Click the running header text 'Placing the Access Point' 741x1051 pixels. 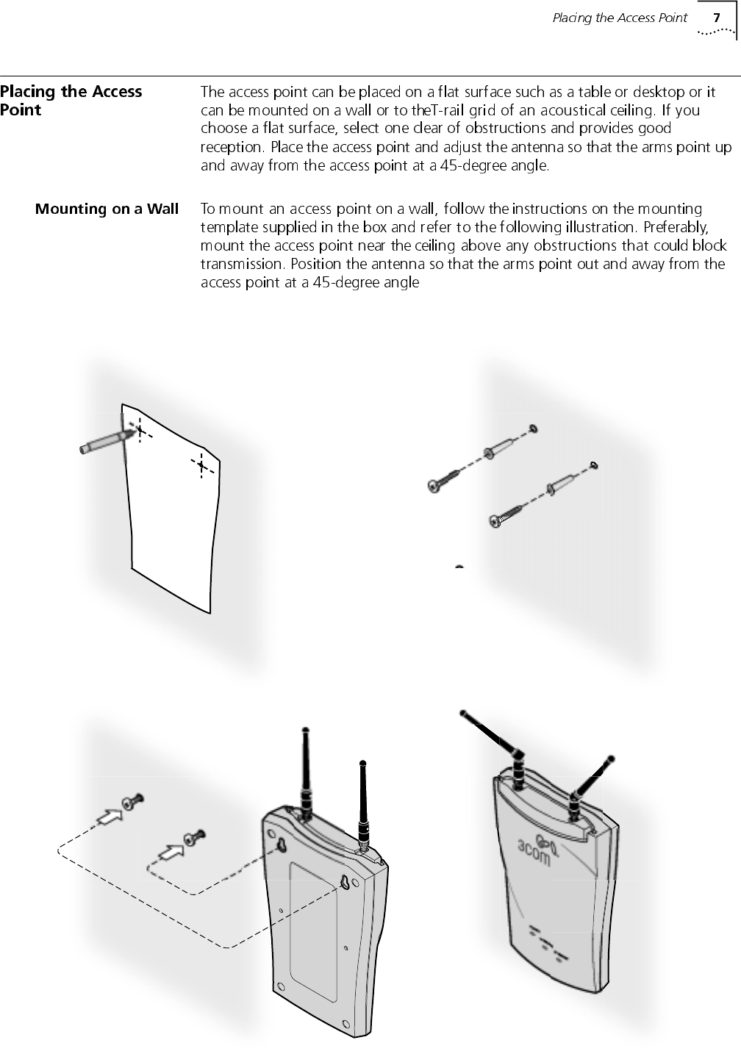tap(619, 18)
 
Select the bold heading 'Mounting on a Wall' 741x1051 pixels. tap(107, 209)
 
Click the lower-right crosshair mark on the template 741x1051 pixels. tap(201, 465)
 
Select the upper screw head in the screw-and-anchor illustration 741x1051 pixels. tap(434, 486)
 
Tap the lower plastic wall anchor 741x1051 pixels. tap(559, 484)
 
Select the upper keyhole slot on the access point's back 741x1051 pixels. tap(280, 846)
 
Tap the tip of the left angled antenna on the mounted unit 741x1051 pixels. tap(463, 712)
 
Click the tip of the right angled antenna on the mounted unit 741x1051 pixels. tap(611, 758)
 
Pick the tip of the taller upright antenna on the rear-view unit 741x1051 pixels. tap(305, 730)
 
